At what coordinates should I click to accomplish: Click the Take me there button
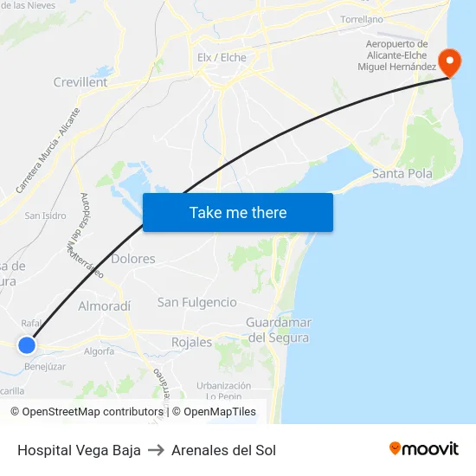(237, 212)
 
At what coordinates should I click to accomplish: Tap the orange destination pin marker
(450, 62)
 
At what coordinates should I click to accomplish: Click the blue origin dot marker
(27, 345)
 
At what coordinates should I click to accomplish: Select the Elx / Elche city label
(222, 58)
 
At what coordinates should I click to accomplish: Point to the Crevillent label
(80, 82)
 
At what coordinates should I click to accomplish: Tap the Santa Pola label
(402, 174)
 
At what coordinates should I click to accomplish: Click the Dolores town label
(133, 259)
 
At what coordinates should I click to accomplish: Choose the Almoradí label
(105, 306)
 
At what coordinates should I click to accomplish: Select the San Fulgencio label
(196, 302)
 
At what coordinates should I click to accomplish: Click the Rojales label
(191, 342)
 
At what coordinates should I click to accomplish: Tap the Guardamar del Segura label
(278, 330)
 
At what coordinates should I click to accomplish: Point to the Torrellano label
(362, 18)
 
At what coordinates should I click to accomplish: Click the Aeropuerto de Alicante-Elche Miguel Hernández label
(397, 55)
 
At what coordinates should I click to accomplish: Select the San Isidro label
(45, 215)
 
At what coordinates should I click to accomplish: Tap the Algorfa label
(99, 351)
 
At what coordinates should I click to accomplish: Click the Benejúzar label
(45, 366)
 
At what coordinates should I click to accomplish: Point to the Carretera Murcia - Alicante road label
(48, 150)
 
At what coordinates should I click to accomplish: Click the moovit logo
(423, 449)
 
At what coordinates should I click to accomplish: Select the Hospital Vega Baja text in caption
(79, 450)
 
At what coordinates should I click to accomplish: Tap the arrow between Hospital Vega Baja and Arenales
(156, 450)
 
